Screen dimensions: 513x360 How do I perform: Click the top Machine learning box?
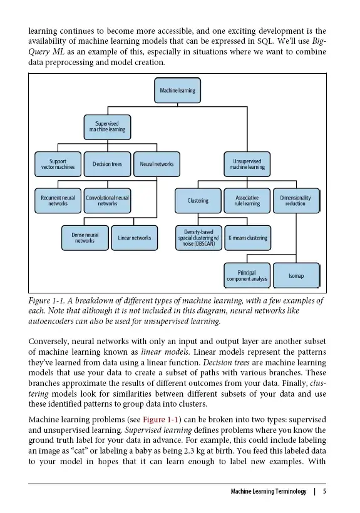pyautogui.click(x=177, y=91)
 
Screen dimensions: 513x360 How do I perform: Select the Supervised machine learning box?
pyautogui.click(x=106, y=126)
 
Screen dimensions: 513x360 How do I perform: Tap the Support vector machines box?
pyautogui.click(x=58, y=164)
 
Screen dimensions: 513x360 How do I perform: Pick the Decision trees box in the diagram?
pyautogui.click(x=106, y=164)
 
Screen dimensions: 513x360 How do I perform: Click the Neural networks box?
pyautogui.click(x=157, y=164)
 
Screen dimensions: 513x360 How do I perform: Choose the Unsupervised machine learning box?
pyautogui.click(x=247, y=164)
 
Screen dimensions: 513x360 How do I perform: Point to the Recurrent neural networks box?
pyautogui.click(x=58, y=200)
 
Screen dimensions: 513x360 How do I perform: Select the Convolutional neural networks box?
pyautogui.click(x=107, y=200)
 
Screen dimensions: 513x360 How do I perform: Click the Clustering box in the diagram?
pyautogui.click(x=198, y=201)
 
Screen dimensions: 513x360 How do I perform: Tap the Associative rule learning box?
pyautogui.click(x=247, y=200)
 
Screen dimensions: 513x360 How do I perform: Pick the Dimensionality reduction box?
pyautogui.click(x=296, y=200)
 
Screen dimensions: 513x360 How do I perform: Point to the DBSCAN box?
pyautogui.click(x=198, y=238)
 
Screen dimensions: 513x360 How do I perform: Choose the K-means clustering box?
pyautogui.click(x=247, y=238)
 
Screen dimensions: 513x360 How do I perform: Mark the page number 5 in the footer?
pyautogui.click(x=324, y=491)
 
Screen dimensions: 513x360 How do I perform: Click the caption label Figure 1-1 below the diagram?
pyautogui.click(x=47, y=301)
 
